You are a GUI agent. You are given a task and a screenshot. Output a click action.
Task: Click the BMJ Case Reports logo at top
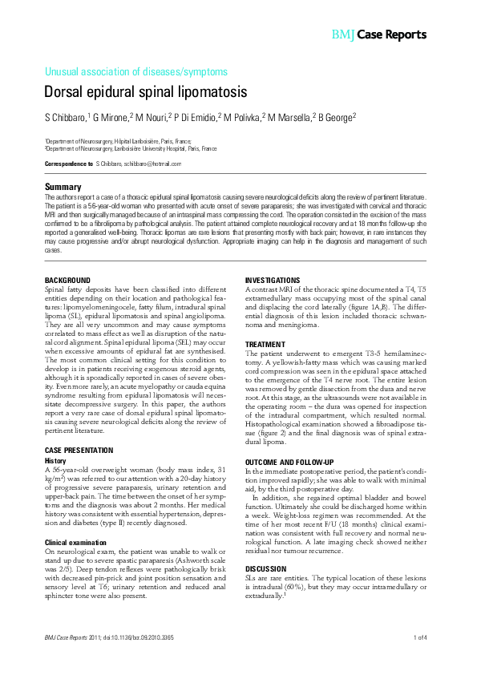coord(378,35)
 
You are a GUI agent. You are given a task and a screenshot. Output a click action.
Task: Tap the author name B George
coord(335,118)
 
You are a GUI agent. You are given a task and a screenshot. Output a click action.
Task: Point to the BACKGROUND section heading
coord(67,280)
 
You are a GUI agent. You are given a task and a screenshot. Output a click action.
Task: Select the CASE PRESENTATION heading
coord(79,451)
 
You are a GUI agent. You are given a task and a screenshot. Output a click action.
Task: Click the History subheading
coord(55,461)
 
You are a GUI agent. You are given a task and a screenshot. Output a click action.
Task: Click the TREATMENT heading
coord(266,344)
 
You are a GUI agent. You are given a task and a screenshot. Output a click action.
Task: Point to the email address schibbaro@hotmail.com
coord(152,164)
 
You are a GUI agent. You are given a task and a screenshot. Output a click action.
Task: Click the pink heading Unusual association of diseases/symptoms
coord(136,71)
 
